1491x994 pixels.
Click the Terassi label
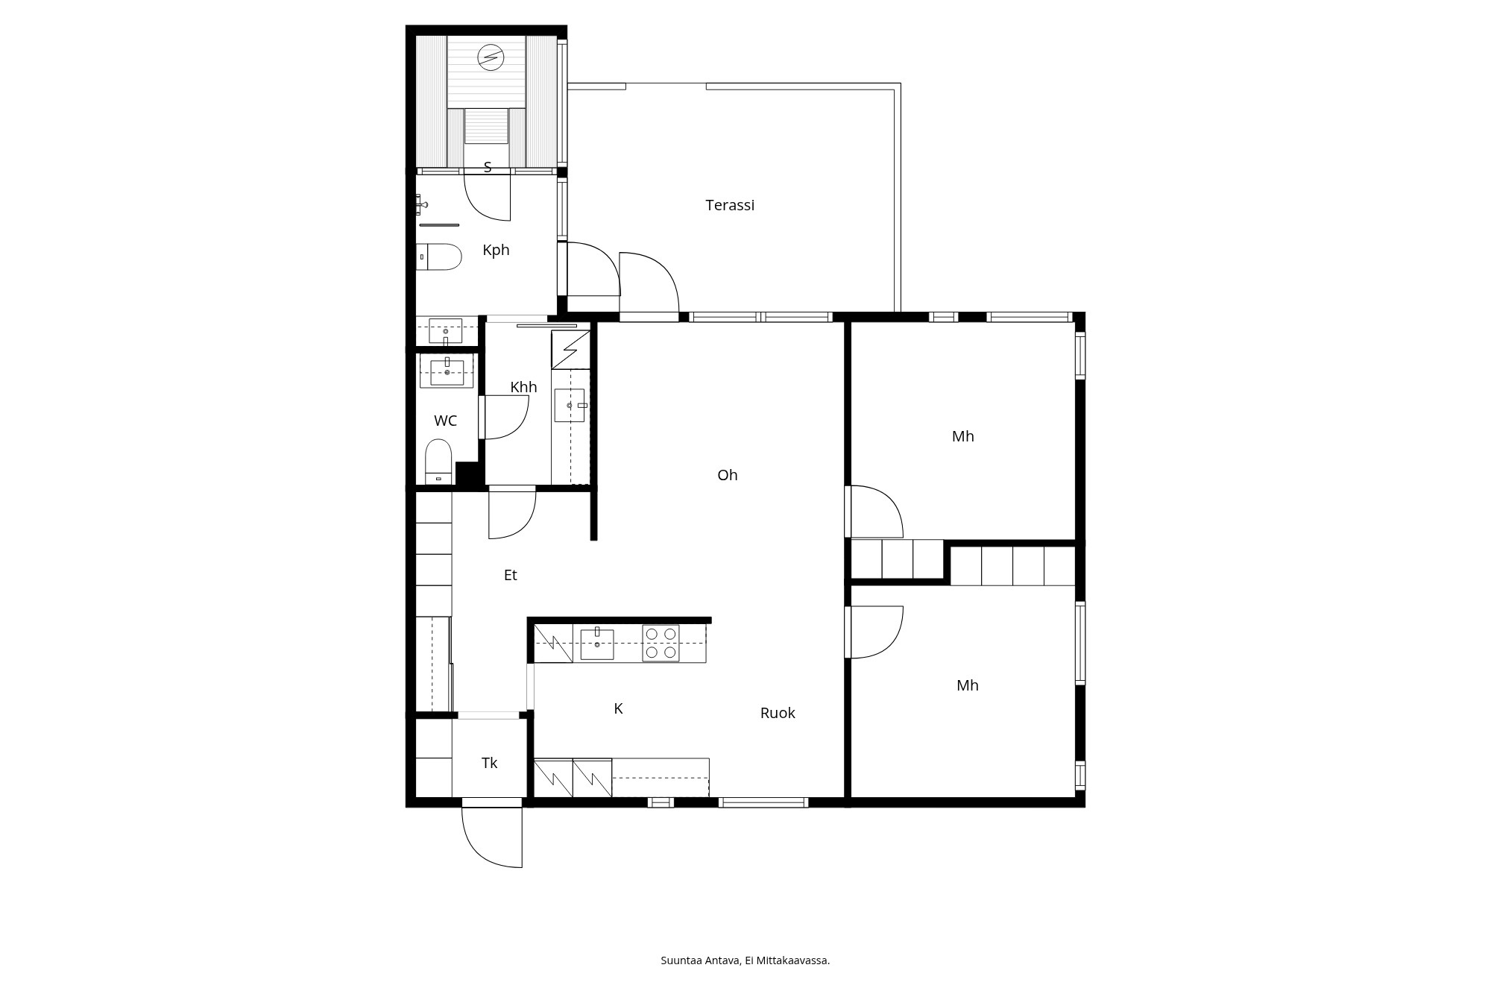[x=730, y=205]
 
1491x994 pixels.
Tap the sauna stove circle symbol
[x=491, y=57]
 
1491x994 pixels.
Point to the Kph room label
[x=496, y=250]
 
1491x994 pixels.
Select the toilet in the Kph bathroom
[x=438, y=257]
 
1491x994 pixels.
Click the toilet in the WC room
[x=438, y=462]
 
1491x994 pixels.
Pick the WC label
[x=445, y=421]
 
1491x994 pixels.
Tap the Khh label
[x=523, y=387]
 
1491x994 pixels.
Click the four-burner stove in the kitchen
[x=661, y=643]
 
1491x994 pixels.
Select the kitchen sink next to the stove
[x=597, y=644]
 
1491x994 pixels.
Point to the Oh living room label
[x=728, y=475]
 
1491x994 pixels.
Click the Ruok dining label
[x=778, y=713]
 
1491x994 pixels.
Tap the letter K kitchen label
[x=618, y=708]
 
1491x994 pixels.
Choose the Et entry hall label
[x=510, y=575]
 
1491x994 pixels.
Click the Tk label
[x=489, y=763]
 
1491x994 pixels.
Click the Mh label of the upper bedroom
[x=963, y=436]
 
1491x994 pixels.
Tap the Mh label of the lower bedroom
[x=968, y=685]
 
